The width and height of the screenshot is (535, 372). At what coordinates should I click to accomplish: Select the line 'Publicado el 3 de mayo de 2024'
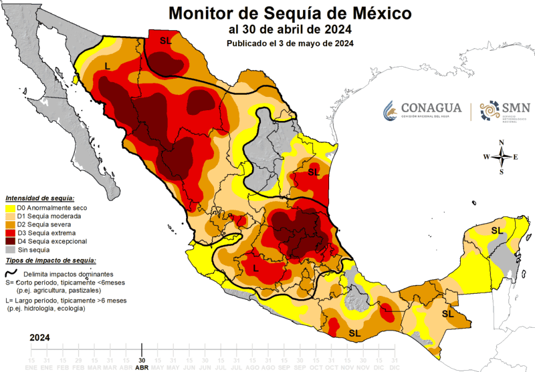pos(290,43)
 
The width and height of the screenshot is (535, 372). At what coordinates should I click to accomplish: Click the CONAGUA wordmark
pos(432,108)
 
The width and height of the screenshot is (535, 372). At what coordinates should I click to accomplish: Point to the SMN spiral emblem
pos(490,110)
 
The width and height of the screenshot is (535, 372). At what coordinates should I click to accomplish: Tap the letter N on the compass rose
pos(501,142)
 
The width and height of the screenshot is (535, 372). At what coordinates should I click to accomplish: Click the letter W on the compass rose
pos(486,157)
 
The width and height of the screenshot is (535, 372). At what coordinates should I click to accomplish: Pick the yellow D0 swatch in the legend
pos(9,208)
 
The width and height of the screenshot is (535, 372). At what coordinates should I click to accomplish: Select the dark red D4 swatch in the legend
pos(9,240)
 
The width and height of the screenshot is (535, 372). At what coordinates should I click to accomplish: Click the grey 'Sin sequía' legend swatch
pos(9,249)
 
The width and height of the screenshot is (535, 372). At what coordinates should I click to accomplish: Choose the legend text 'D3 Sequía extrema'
pos(47,232)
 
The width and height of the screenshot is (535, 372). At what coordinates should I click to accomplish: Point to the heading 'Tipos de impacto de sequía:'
pos(50,260)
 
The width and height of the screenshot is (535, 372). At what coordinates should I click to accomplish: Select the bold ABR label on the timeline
pos(141,367)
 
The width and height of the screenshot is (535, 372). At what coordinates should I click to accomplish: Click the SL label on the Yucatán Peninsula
pos(497,230)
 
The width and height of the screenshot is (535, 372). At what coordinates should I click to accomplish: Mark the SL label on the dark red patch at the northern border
pos(166,41)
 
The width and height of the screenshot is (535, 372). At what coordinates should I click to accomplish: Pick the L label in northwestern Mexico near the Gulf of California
pos(107,65)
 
